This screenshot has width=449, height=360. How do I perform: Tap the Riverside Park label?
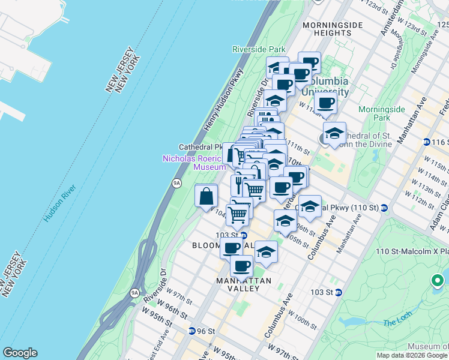259,49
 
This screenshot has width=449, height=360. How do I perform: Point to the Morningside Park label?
374,113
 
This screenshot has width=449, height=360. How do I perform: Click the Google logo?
20,353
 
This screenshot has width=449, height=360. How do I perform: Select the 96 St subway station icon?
191,331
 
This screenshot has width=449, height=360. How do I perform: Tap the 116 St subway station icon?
426,142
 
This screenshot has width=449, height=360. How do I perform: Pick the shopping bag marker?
206,196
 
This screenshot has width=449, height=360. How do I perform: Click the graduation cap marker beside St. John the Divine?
334,134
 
